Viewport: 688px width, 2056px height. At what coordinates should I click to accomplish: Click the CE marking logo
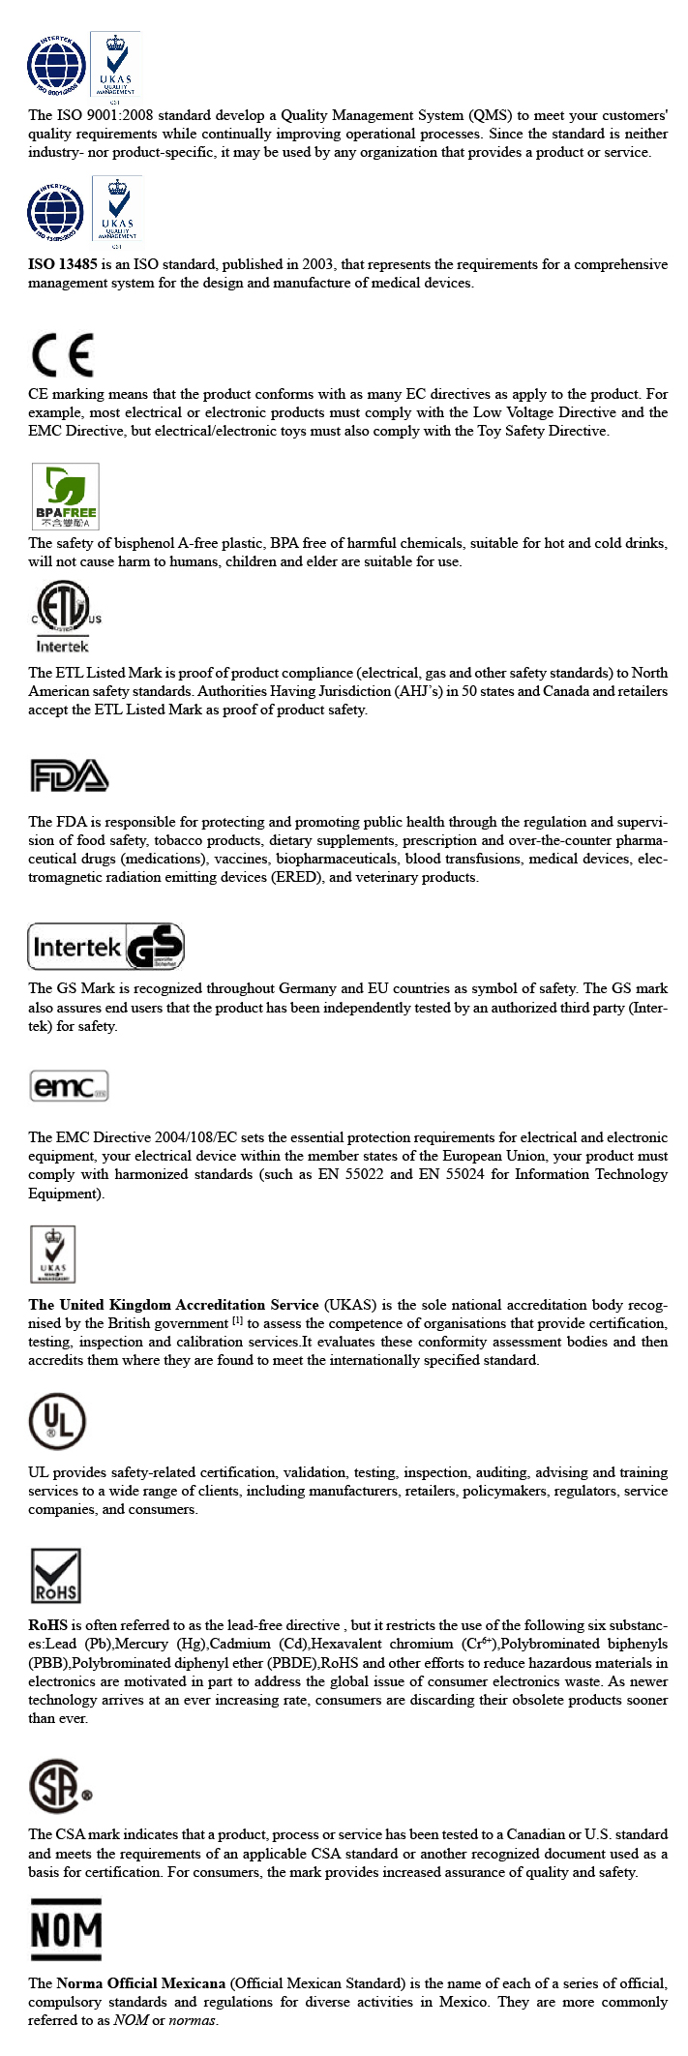63,355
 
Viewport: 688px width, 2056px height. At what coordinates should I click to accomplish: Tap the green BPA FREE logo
66,496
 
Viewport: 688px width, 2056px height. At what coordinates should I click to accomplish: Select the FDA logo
69,775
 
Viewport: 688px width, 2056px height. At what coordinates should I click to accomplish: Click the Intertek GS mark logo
105,947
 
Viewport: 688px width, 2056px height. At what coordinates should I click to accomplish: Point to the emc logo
69,1086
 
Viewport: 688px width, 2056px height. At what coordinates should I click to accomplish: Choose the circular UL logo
57,1421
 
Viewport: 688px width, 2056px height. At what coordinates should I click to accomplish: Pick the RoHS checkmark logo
56,1576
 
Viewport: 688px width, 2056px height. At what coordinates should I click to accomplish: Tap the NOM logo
66,1929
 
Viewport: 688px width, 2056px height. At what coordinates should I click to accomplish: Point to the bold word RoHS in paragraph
47,1625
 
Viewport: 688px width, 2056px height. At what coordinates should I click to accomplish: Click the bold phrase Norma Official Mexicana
140,1983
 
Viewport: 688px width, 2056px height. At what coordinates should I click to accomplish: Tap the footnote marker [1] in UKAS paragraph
237,1321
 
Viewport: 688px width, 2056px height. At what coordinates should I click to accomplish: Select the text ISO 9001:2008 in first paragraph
106,115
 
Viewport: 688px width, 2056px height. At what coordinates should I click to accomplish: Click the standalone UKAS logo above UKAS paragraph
53,1255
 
